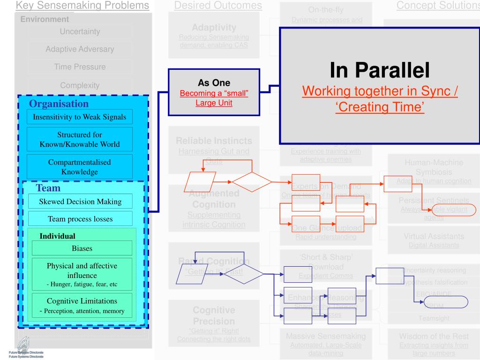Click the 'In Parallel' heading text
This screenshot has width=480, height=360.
coord(380,70)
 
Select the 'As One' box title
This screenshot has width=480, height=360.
coord(214,83)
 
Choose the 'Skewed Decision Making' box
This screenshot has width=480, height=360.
coord(80,201)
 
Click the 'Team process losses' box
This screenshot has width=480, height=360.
coord(80,218)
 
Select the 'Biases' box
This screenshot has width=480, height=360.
coord(82,248)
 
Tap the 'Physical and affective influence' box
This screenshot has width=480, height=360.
coord(82,274)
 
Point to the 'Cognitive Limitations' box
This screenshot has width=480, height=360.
coord(82,305)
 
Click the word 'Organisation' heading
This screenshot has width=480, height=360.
coord(59,104)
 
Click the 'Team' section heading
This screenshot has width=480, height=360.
coord(48,188)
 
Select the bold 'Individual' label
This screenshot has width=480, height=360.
coord(57,236)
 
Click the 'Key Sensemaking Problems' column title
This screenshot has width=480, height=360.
coord(83,6)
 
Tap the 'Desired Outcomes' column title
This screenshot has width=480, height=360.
coord(218,6)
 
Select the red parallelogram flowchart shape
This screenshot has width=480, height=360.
coord(202,181)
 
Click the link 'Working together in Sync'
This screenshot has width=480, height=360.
coord(380,91)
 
